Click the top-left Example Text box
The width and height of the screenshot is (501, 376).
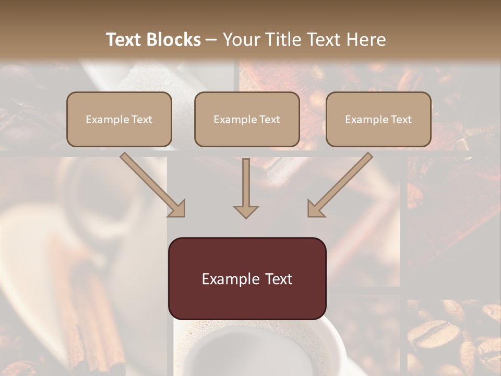click(119, 120)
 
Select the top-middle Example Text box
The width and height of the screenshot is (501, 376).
click(247, 120)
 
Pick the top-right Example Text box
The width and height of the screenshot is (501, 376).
click(378, 120)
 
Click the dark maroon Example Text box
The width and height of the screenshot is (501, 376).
click(247, 279)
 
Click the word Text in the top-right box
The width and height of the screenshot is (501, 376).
click(401, 120)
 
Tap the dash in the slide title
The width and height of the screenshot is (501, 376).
click(212, 40)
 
